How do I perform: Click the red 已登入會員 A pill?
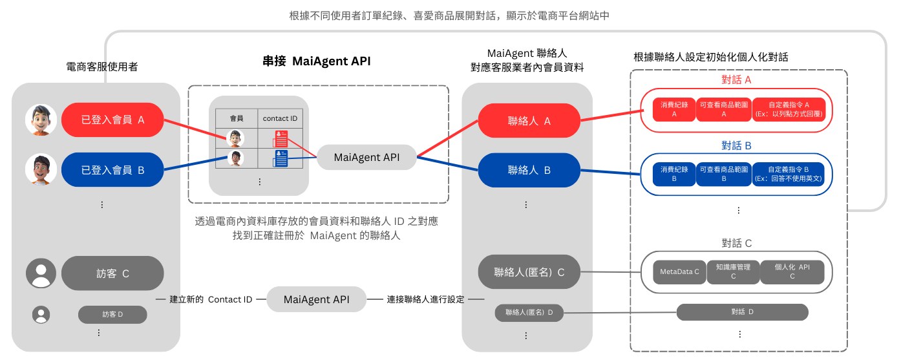click(x=112, y=120)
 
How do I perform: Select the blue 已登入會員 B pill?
click(x=112, y=171)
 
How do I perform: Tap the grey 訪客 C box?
click(x=112, y=273)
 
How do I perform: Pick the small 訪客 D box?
click(x=112, y=315)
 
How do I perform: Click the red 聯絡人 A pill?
click(x=529, y=120)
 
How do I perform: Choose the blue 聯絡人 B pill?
click(x=529, y=171)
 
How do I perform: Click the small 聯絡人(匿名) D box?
click(x=529, y=313)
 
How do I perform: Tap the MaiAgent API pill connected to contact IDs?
click(x=366, y=157)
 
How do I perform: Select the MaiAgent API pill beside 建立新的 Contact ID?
click(x=317, y=299)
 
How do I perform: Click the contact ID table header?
click(x=280, y=118)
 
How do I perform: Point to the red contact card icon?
click(x=281, y=138)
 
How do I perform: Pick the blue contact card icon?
click(x=281, y=158)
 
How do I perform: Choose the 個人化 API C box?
click(x=792, y=271)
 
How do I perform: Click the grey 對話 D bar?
click(x=742, y=312)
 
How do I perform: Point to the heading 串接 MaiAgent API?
click(x=316, y=61)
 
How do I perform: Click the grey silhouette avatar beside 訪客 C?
click(x=41, y=273)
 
